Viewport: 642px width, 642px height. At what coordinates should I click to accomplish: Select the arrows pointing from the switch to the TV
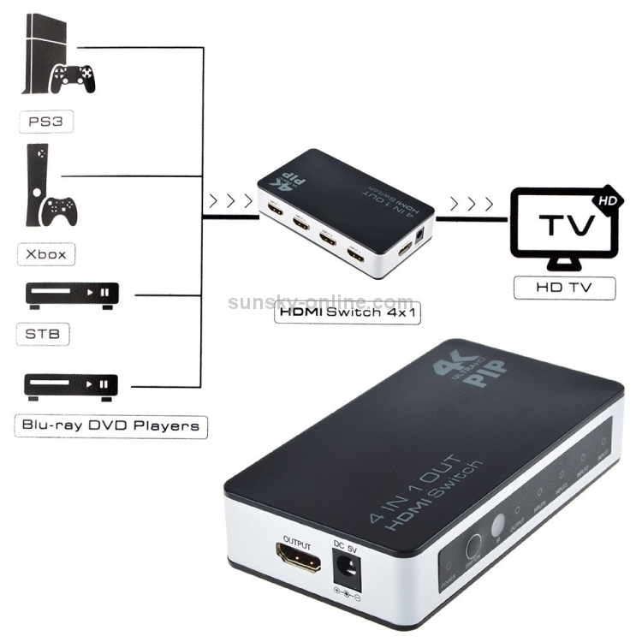[473, 204]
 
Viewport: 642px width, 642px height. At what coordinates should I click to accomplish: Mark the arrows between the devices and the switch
[229, 204]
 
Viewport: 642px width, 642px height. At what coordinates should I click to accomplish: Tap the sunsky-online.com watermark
[321, 301]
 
